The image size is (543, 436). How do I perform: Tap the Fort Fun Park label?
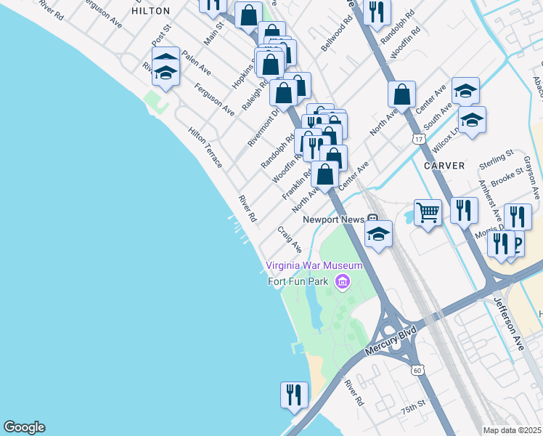(298, 281)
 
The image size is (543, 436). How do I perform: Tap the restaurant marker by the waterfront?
(294, 395)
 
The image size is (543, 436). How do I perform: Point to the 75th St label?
(414, 408)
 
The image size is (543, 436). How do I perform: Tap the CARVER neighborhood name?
(444, 166)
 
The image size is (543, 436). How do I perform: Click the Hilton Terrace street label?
(205, 148)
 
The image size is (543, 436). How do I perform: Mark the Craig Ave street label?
(290, 239)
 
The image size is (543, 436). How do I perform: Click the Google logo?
(24, 427)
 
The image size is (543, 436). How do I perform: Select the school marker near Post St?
(166, 70)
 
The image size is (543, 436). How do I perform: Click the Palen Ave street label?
(196, 64)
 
